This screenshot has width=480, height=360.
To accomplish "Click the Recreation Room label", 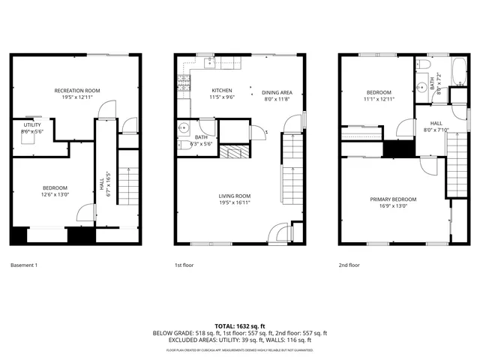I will tap(76, 91).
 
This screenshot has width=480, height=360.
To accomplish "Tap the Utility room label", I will tap(32, 124).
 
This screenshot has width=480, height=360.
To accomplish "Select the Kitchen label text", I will tap(221, 91).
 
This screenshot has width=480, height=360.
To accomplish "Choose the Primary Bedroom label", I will tap(393, 199).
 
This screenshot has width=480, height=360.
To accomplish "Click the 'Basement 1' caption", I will tap(25, 265).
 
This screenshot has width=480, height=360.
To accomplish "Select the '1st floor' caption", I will tap(184, 265).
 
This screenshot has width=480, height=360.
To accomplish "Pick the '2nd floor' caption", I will tap(349, 265).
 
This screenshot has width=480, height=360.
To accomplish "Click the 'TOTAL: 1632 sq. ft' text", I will tap(240, 325).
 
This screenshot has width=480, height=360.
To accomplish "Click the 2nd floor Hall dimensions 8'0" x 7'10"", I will tap(436, 129).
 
